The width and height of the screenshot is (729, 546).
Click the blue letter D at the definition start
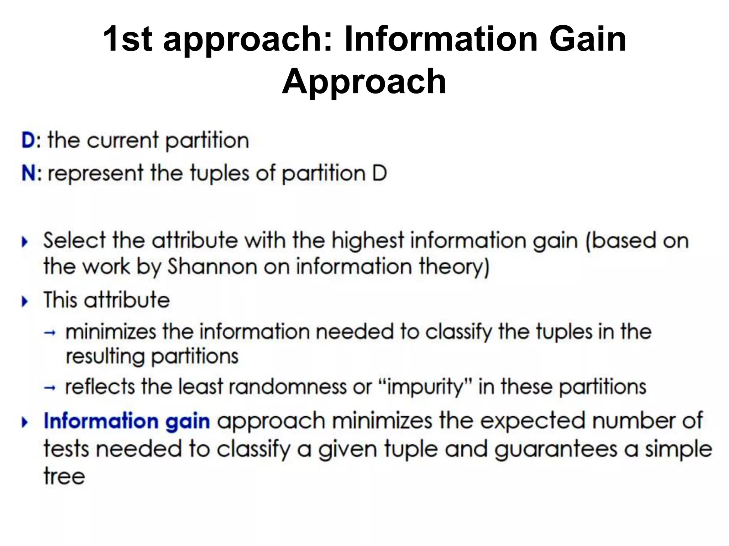tap(28, 140)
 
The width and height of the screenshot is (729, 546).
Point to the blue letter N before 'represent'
tap(29, 173)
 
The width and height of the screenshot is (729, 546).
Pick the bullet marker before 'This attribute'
tap(25, 302)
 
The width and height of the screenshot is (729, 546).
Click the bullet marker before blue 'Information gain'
tap(25, 423)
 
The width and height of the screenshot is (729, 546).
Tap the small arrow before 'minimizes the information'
tap(50, 333)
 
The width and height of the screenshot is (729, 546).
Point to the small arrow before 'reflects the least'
tap(50, 388)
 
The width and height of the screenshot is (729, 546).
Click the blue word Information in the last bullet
tap(101, 421)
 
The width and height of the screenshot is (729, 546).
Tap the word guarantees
tap(556, 449)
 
